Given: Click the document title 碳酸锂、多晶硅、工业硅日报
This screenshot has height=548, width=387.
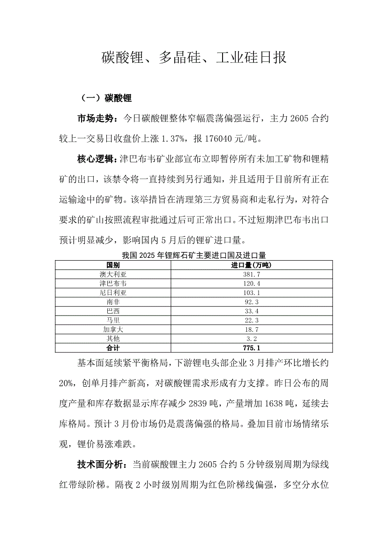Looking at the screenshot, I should pyautogui.click(x=193, y=58).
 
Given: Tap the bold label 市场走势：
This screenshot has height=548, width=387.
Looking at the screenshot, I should pyautogui.click(x=99, y=119).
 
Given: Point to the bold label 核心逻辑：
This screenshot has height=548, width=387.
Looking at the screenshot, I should pyautogui.click(x=99, y=159).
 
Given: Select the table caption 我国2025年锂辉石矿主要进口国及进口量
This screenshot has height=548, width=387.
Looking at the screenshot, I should pyautogui.click(x=193, y=255).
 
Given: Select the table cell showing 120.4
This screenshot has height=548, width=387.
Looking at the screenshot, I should pyautogui.click(x=252, y=284).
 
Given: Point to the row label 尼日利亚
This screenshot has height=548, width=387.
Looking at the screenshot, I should pyautogui.click(x=113, y=293).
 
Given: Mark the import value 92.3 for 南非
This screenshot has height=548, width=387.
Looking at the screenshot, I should pyautogui.click(x=252, y=302).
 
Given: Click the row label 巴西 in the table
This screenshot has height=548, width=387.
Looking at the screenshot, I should pyautogui.click(x=113, y=311).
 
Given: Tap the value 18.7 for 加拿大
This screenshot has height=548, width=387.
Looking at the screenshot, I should pyautogui.click(x=252, y=330).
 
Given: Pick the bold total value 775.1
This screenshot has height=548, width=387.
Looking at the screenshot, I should pyautogui.click(x=252, y=348).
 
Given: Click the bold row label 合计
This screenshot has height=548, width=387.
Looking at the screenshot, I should pyautogui.click(x=113, y=348).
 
